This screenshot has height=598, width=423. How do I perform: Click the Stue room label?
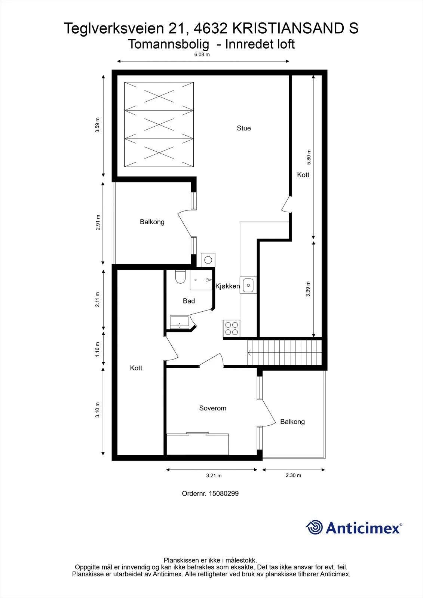click(244, 128)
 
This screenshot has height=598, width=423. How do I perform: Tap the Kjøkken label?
click(228, 286)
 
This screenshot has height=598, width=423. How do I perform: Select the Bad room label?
click(188, 301)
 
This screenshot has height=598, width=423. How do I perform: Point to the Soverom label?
click(213, 408)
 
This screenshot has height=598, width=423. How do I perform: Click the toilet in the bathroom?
click(180, 277)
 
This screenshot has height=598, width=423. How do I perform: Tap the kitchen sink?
click(248, 286)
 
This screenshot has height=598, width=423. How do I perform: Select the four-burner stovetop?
click(232, 329)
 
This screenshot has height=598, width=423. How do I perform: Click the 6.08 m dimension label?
click(202, 55)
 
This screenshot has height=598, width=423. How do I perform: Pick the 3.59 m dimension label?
click(97, 125)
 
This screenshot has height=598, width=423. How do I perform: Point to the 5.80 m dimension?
click(309, 157)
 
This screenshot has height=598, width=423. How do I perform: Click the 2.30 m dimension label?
click(293, 475)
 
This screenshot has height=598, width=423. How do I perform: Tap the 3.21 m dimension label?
click(214, 475)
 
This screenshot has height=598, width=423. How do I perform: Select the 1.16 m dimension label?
click(97, 349)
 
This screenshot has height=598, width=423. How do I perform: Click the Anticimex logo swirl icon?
click(314, 527)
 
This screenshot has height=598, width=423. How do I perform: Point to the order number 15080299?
click(224, 493)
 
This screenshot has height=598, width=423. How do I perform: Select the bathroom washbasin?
click(180, 322)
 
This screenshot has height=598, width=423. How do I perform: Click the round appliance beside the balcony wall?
click(208, 260)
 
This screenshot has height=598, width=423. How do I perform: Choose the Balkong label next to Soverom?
click(292, 422)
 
